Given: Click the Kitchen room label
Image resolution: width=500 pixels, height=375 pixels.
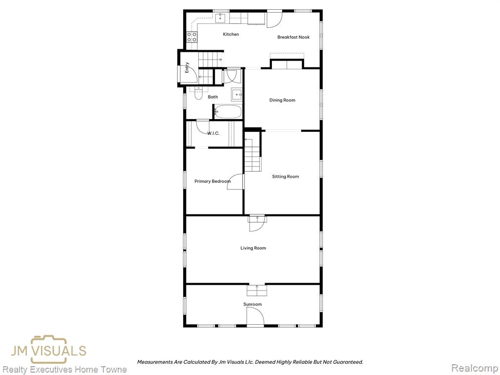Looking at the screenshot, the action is pos(231,34).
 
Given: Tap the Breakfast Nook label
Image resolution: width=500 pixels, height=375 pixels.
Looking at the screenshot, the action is pos(293,37).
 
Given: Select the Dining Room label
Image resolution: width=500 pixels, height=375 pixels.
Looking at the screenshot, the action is pos(282,100).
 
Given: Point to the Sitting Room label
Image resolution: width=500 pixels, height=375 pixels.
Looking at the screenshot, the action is pos(285,176).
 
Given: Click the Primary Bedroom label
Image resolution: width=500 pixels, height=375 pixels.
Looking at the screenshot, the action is pos(212,181).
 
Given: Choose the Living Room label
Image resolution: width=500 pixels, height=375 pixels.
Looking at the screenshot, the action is pos(253,248).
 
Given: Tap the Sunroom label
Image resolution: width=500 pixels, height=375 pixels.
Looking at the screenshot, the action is pos(252,304).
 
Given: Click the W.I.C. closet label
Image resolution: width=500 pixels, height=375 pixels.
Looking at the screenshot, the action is pos(213,133).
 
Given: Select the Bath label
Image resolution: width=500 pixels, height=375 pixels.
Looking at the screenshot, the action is pos(213,97).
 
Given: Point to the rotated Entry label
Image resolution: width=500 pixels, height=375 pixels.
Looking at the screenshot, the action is pos(187,67).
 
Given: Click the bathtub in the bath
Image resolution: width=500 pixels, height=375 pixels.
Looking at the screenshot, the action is pos(228,112).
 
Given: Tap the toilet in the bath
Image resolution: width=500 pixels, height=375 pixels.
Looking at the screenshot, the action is pos(198,93).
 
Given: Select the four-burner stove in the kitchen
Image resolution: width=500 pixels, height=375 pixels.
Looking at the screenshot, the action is pos(192,37).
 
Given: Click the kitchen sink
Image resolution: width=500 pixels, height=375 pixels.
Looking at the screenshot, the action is pos(220,19).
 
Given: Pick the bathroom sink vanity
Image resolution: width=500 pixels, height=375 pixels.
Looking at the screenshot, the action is pos(237,95).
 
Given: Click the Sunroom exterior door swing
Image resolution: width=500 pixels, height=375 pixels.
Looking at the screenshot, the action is pos(255,317).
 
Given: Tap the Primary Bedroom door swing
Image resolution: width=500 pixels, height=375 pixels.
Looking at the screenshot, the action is pos(235,182).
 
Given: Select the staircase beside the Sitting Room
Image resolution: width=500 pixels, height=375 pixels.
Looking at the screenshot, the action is pos(253,155).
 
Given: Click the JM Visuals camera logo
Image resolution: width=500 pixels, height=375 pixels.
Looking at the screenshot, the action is pos(48,350).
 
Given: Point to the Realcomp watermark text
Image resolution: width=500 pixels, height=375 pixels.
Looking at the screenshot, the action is pos(475,368).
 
